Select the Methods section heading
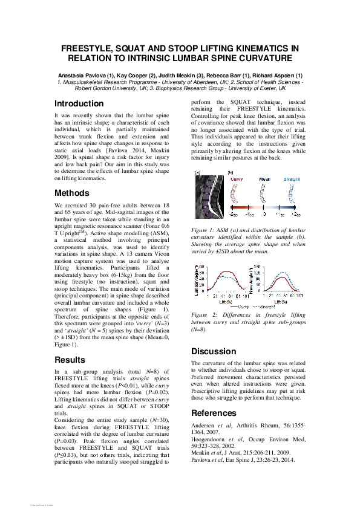pyautogui.click(x=75, y=193)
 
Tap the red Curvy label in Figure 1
pyautogui.click(x=237, y=180)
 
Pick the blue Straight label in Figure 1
pyautogui.click(x=290, y=180)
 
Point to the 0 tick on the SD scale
pyautogui.click(x=264, y=214)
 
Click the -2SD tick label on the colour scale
pyautogui.click(x=232, y=215)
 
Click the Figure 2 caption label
pyautogui.click(x=205, y=316)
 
